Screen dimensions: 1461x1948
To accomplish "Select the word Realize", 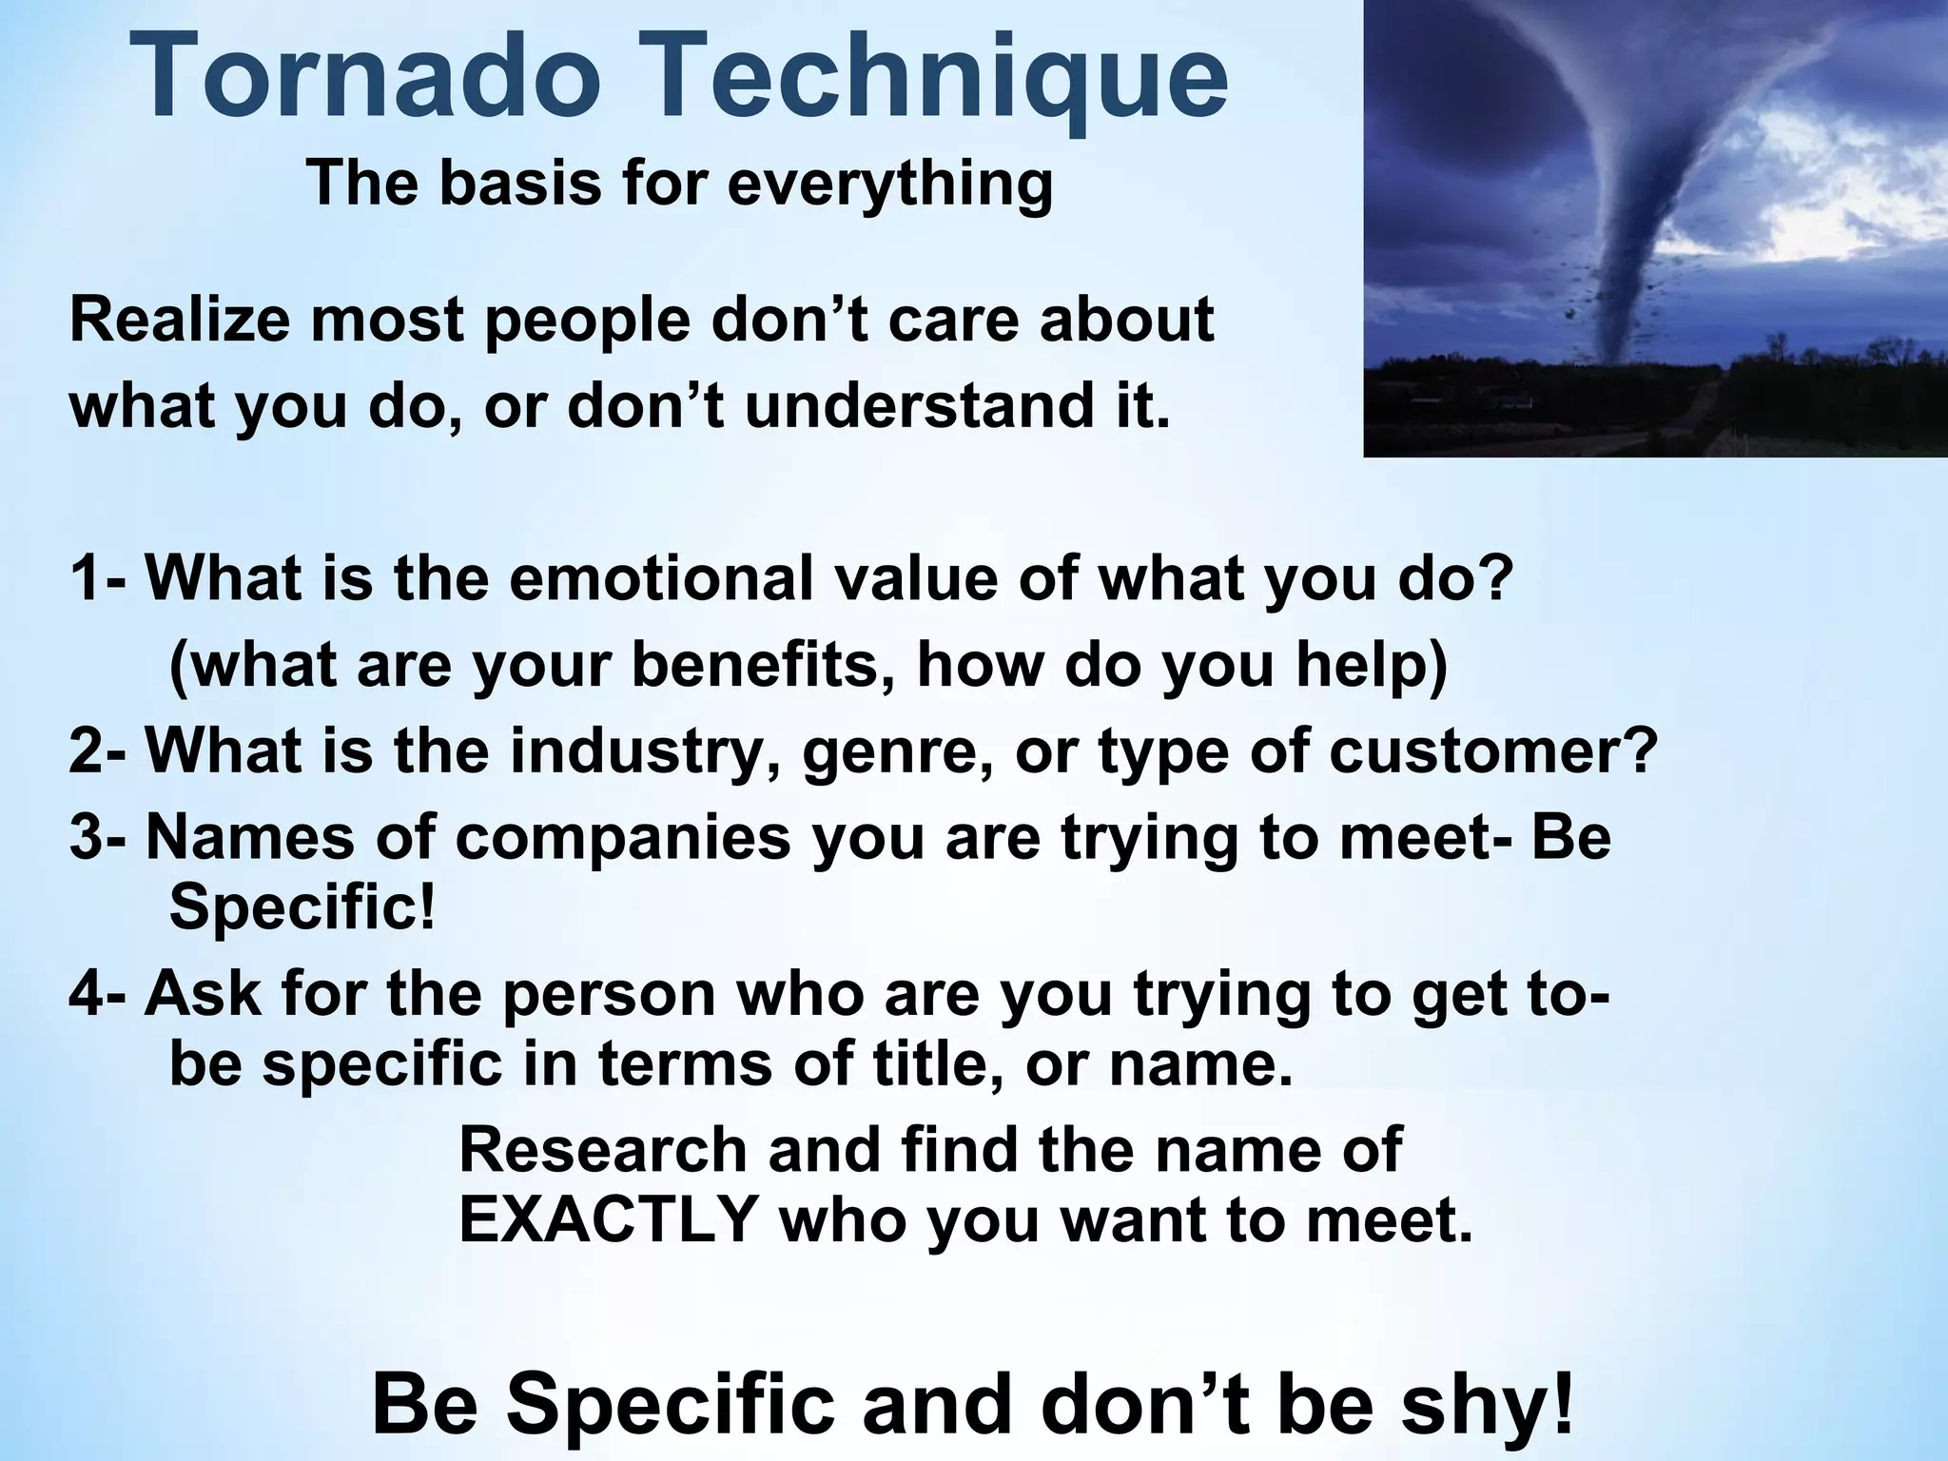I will point(178,321).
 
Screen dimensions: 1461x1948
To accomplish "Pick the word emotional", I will point(661,577).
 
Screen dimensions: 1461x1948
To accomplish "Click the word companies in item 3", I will point(622,837).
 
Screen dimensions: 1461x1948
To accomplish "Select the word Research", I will point(603,1149).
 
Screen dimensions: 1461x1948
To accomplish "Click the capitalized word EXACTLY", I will point(609,1219).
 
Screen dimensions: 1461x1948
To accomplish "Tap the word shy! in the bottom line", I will point(1488,1405).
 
